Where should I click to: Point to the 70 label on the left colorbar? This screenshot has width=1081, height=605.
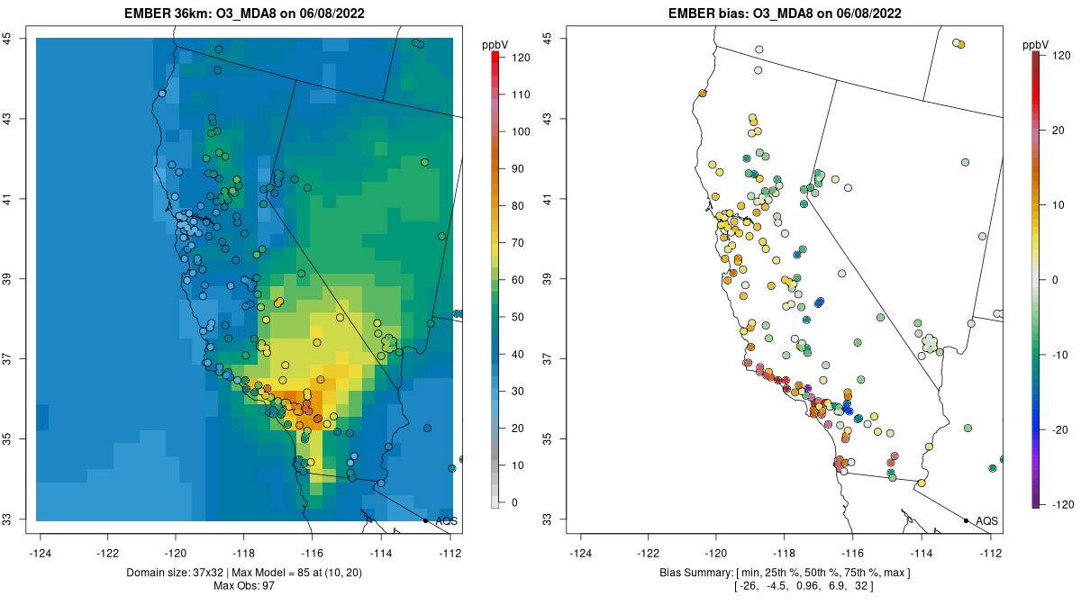click(x=516, y=243)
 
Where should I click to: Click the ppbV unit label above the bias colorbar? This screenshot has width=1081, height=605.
click(x=1037, y=44)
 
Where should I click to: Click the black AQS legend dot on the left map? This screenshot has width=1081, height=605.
click(x=425, y=520)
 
